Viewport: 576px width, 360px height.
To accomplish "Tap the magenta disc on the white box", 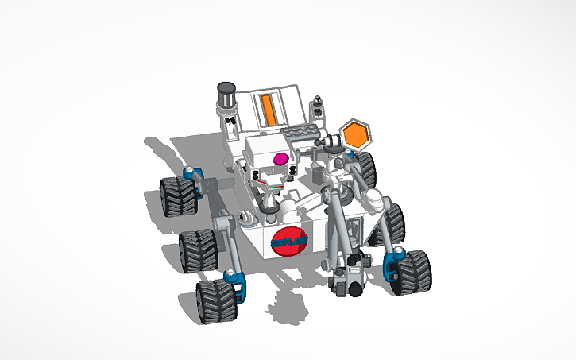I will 280,160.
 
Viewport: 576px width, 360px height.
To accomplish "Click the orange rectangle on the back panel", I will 268,109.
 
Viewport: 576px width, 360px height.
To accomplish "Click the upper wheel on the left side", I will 178,195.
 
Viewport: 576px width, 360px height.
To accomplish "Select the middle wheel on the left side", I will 196,250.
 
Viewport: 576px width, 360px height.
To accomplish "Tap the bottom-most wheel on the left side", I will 215,301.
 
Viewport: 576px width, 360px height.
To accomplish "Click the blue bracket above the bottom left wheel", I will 233,278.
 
